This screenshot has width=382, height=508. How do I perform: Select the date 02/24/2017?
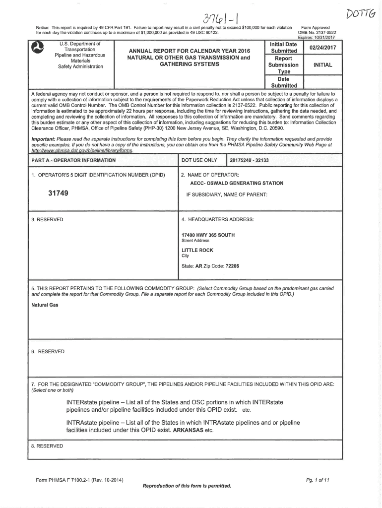[322, 48]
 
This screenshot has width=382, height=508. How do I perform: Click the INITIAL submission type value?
[322, 65]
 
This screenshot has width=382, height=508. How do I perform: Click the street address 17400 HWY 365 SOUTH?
[208, 235]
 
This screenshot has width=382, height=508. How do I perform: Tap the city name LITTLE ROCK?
[197, 251]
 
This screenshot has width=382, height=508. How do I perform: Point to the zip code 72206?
[232, 266]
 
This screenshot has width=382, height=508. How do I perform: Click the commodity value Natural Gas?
[45, 305]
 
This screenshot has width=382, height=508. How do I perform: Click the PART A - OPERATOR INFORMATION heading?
[73, 161]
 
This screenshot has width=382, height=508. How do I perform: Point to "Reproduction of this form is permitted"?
[187, 485]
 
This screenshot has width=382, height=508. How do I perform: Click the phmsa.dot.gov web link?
[82, 151]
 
